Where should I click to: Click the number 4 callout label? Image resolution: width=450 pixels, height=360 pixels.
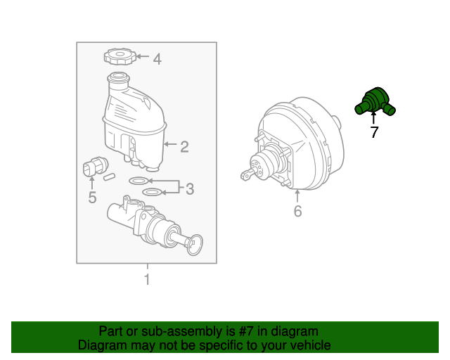pos(157,59)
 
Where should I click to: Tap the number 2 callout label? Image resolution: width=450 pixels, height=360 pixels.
pos(184,147)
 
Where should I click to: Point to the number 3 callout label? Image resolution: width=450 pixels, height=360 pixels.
pos(190,189)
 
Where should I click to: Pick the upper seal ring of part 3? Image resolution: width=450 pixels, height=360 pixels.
pos(139,181)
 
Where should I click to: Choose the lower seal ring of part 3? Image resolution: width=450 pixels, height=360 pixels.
pos(153,192)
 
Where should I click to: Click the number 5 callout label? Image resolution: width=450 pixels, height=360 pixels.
pos(92,198)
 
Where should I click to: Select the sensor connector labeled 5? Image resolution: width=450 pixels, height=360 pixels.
pos(96,167)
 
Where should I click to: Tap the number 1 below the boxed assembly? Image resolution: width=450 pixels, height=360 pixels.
pos(147,279)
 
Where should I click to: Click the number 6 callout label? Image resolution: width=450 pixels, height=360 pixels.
pos(298,211)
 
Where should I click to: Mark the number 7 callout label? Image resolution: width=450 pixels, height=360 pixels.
pos(374,132)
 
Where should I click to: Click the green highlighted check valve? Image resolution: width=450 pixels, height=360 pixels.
pos(375,102)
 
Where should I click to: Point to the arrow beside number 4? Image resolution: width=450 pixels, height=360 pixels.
pos(143,56)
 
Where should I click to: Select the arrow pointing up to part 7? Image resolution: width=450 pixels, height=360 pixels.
pos(373,118)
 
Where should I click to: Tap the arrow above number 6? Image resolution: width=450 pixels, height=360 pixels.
pos(297,195)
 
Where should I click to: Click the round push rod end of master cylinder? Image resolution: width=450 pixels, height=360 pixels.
pos(195,245)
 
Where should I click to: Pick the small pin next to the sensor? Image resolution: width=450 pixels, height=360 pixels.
pos(110,176)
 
